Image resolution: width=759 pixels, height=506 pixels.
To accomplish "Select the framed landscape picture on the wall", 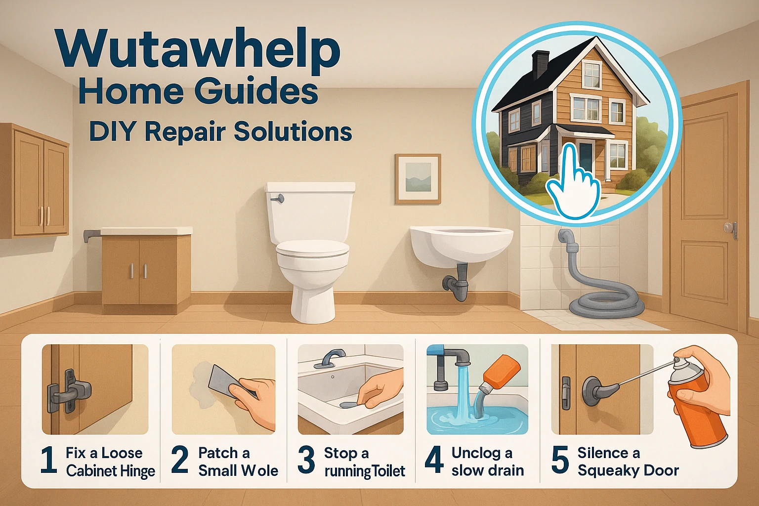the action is click(418, 179).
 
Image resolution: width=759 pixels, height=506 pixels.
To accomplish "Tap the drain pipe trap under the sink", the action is click(456, 284).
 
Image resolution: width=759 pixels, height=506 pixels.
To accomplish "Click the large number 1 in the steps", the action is click(49, 460).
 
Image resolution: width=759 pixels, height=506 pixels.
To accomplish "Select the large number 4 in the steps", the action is click(434, 460).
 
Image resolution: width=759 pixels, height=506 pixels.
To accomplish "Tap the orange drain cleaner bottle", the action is click(502, 373).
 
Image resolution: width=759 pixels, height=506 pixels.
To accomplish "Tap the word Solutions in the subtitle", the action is click(293, 131).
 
